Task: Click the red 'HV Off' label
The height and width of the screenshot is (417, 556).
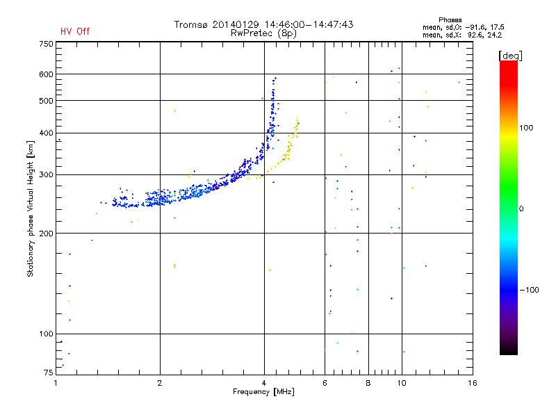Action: click(75, 31)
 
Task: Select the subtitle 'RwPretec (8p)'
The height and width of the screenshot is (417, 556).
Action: click(264, 33)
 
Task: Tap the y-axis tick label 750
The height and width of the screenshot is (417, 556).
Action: click(46, 44)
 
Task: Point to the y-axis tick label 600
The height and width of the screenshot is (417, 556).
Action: click(46, 74)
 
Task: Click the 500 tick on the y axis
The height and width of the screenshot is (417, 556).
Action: click(46, 101)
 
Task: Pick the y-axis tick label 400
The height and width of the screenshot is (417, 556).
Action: click(46, 133)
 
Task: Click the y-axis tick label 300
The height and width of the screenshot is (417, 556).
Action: click(46, 174)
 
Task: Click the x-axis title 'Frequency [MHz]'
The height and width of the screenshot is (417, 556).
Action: click(263, 393)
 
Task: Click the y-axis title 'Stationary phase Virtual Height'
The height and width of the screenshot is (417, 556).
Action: click(31, 208)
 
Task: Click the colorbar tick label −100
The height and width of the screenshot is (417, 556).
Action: click(528, 290)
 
